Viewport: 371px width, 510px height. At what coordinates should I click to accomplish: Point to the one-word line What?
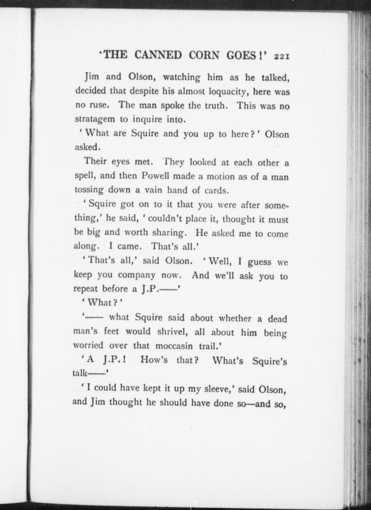103,303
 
